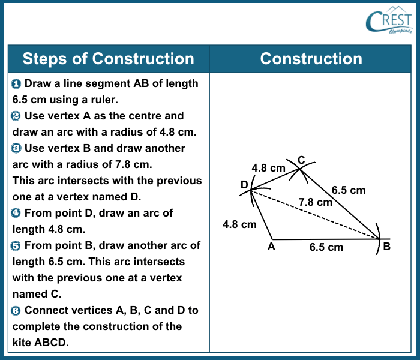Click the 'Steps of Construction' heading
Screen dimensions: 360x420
pos(108,59)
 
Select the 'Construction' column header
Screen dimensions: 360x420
pos(311,59)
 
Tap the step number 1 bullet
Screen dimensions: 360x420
pos(16,84)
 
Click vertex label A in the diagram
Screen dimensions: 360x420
pos(271,247)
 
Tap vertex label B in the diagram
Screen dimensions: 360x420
pos(387,247)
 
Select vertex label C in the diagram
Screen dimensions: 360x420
pos(301,160)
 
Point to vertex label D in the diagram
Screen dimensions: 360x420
pos(245,185)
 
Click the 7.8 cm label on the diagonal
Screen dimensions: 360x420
pos(316,202)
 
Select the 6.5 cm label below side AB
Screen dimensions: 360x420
pos(326,247)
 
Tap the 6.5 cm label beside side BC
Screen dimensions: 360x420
pos(349,190)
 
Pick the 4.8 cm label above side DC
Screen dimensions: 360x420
pos(268,169)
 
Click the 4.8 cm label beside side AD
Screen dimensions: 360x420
pos(239,224)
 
